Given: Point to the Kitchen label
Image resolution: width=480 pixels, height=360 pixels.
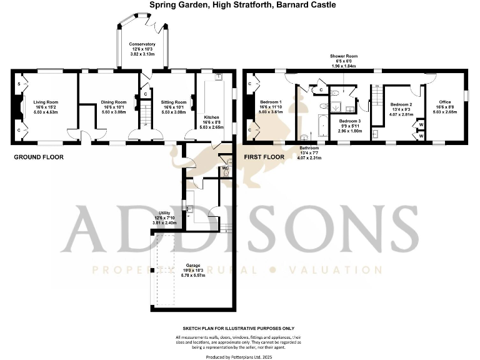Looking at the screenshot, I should [x=211, y=117].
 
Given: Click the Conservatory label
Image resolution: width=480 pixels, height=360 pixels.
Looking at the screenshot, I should [x=142, y=44].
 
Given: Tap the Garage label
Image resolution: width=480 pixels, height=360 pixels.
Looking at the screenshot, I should [x=188, y=264].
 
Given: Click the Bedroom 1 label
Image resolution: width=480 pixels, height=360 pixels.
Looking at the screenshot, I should [x=271, y=102].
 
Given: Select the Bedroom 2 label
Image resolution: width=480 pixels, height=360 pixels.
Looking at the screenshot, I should [x=401, y=104].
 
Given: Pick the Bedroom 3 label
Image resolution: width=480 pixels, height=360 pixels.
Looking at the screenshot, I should [x=350, y=120].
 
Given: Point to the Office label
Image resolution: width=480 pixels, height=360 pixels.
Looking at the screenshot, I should [x=445, y=102].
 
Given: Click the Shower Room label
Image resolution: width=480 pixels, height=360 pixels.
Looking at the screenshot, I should [x=343, y=56].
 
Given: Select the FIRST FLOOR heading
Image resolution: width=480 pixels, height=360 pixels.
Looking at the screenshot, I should [x=262, y=157].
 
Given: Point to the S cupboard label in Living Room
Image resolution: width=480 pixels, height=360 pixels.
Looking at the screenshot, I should [x=19, y=84].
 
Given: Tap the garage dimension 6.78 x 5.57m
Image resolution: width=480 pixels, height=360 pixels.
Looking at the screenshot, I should [x=188, y=275].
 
